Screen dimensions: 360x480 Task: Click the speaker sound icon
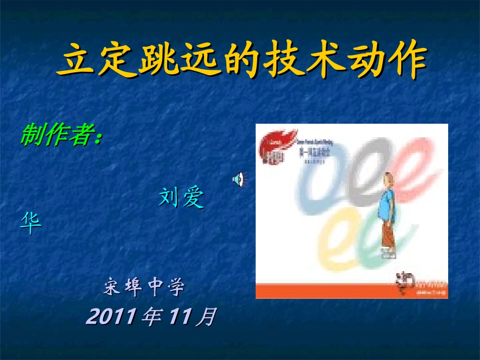[x=237, y=179]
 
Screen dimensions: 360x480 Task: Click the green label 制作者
[x=58, y=135]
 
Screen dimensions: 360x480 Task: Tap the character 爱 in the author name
[x=193, y=198]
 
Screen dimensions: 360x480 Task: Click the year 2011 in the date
[x=110, y=317]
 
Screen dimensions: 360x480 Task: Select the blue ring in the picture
[x=319, y=177]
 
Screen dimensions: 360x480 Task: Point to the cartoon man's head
[x=388, y=179]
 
